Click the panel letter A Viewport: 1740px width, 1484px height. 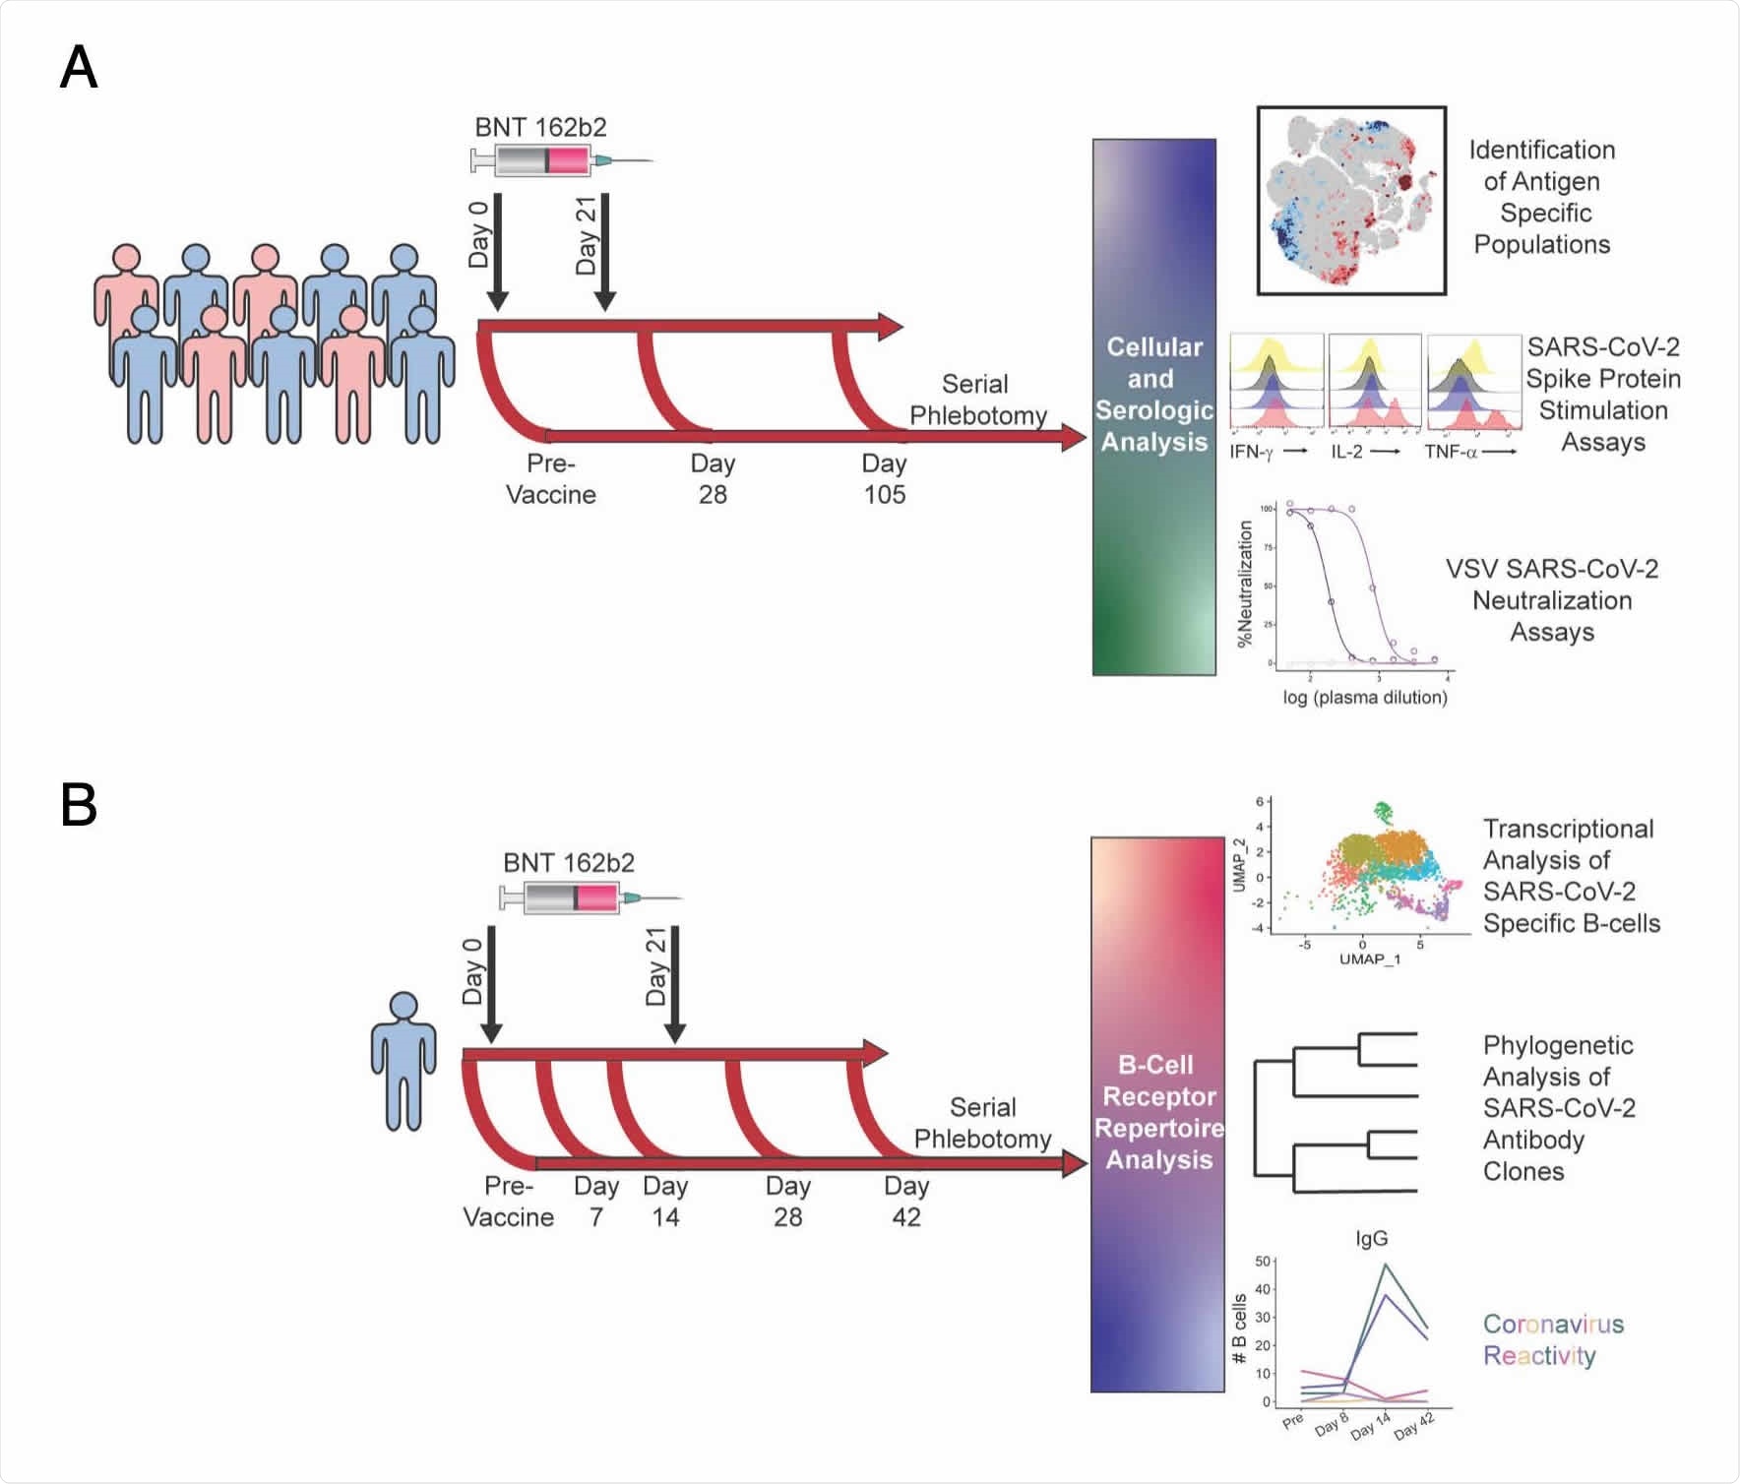(x=79, y=68)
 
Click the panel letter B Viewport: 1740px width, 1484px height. (x=79, y=804)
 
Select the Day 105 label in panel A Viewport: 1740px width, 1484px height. (x=884, y=478)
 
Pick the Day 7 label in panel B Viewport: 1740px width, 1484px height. (x=596, y=1201)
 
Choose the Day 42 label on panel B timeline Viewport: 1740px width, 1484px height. (x=905, y=1201)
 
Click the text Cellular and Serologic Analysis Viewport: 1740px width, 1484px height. (x=1153, y=395)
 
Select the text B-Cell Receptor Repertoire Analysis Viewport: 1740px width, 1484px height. (x=1158, y=1112)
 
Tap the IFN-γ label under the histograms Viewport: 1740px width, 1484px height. (x=1252, y=453)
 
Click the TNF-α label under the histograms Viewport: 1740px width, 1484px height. (x=1451, y=453)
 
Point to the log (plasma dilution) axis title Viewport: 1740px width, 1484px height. (x=1364, y=698)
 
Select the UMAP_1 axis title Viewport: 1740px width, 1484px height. (x=1369, y=958)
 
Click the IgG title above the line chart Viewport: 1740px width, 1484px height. (x=1371, y=1239)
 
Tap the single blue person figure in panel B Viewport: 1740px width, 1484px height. (x=404, y=1060)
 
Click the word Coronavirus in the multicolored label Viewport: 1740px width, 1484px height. (x=1553, y=1324)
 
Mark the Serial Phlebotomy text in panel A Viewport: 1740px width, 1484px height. (x=976, y=400)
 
